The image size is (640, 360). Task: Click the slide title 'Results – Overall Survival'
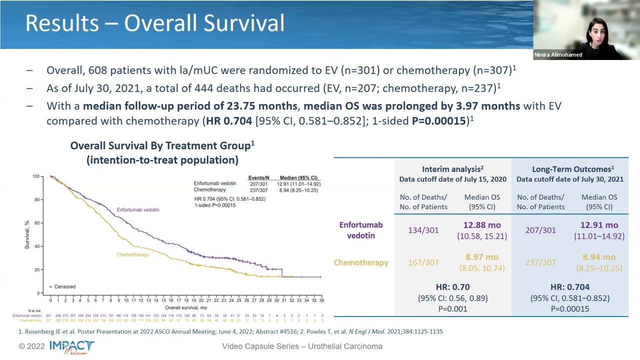(154, 23)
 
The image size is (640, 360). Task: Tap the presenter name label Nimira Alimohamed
(557, 55)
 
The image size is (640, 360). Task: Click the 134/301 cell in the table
(423, 230)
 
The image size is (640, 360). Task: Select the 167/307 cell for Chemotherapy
(423, 262)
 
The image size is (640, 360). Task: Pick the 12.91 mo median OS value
(599, 225)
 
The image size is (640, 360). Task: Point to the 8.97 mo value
(482, 257)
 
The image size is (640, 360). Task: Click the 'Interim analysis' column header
(452, 169)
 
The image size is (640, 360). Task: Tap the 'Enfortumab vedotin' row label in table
(360, 230)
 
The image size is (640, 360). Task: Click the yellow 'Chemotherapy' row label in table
(361, 262)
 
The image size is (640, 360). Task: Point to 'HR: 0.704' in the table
(569, 287)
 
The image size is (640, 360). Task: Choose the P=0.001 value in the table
(452, 308)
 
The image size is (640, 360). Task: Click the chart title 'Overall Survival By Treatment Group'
(162, 145)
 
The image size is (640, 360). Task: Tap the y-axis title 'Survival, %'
(27, 234)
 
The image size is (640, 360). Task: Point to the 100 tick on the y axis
(36, 176)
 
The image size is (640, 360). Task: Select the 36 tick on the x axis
(321, 300)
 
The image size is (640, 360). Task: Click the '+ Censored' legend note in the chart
(62, 286)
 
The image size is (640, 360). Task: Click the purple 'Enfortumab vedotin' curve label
(138, 209)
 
